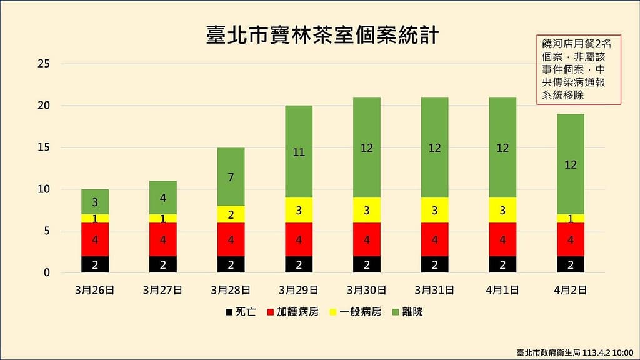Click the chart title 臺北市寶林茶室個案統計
click(x=322, y=36)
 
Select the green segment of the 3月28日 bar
click(x=231, y=176)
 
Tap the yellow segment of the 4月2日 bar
click(x=570, y=219)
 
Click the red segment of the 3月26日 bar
click(x=95, y=239)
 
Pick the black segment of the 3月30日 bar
click(x=366, y=264)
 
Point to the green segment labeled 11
click(x=299, y=152)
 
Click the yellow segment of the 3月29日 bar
click(x=299, y=211)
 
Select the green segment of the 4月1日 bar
click(x=502, y=147)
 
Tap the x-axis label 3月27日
click(x=162, y=290)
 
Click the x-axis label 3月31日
click(x=434, y=290)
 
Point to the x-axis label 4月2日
click(x=570, y=290)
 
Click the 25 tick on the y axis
click(x=44, y=64)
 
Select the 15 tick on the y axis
click(x=44, y=147)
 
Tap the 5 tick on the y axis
click(x=47, y=231)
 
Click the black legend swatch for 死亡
click(x=229, y=311)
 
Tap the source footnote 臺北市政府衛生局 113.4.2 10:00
click(x=574, y=352)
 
